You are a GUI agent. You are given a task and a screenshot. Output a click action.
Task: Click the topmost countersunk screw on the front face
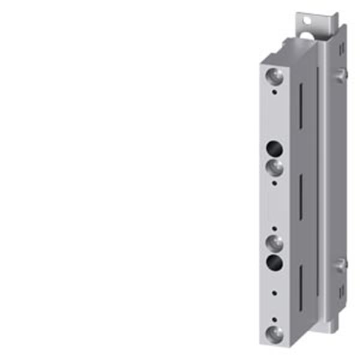[x=274, y=76]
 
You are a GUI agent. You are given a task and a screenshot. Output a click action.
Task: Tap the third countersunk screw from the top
[x=274, y=242]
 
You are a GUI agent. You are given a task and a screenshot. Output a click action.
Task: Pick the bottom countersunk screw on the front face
[x=274, y=333]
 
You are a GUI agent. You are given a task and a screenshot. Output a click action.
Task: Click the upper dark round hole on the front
[x=274, y=147]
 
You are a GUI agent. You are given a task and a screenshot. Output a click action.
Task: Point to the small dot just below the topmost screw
[x=274, y=92]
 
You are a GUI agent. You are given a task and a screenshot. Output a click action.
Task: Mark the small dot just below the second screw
[x=274, y=182]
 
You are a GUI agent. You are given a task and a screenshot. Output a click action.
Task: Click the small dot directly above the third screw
[x=274, y=228]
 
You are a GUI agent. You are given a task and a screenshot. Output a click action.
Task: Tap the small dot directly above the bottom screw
[x=274, y=319]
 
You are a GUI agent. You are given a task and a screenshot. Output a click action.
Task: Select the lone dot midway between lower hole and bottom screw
[x=274, y=293]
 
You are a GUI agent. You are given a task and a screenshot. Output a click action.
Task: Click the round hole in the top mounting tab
[x=308, y=21]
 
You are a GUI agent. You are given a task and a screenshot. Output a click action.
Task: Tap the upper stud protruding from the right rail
[x=341, y=74]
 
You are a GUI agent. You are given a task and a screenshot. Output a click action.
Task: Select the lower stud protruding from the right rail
[x=341, y=264]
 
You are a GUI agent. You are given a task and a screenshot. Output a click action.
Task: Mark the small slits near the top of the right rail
[x=341, y=47]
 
